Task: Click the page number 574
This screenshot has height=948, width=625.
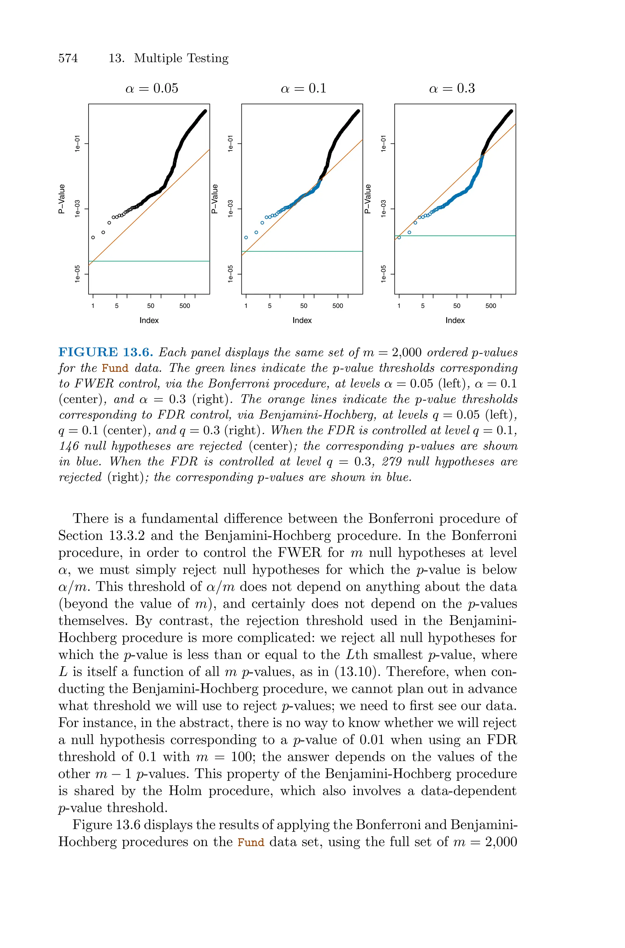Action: [x=68, y=58]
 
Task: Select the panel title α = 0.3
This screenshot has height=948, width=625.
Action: [x=452, y=88]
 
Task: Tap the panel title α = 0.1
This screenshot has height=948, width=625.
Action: [x=303, y=88]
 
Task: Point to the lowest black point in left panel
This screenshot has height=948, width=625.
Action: [x=93, y=238]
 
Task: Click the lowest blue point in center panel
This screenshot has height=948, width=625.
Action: [x=246, y=238]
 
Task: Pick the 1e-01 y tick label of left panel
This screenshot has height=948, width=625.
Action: [x=77, y=143]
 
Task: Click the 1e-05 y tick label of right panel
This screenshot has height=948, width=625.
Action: [x=383, y=274]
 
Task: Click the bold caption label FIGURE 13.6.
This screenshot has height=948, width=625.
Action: [x=106, y=352]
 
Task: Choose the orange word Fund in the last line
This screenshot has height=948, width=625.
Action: [x=251, y=842]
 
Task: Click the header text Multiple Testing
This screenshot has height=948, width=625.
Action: [x=181, y=58]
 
